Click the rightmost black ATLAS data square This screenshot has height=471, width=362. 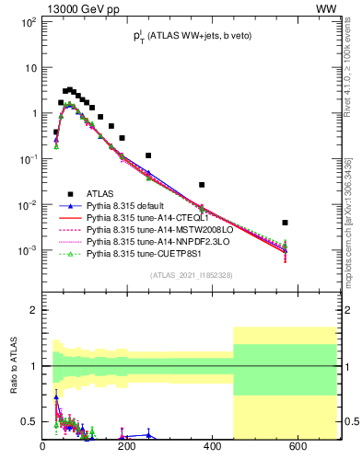(x=286, y=223)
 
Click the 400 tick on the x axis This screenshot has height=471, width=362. (x=213, y=447)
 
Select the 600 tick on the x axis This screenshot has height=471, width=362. (x=298, y=447)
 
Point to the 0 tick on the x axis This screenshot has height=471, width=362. (x=43, y=447)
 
